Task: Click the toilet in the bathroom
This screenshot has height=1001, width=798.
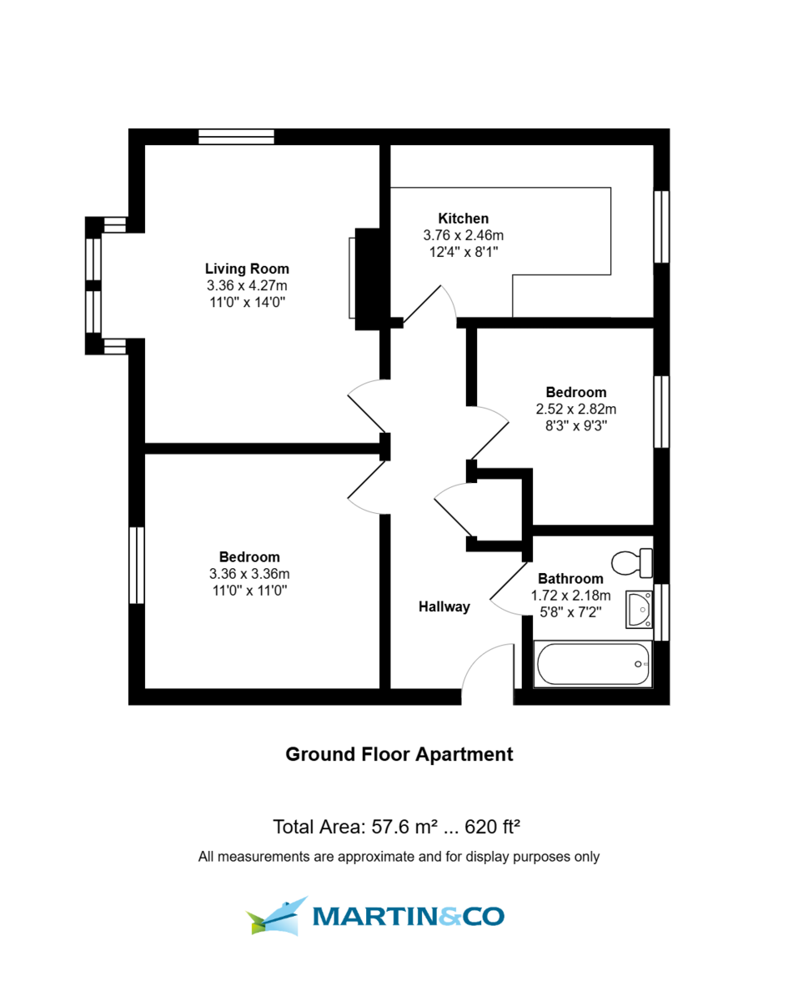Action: click(632, 562)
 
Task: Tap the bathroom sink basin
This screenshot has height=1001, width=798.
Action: click(640, 609)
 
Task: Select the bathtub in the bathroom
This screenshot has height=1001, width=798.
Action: click(593, 664)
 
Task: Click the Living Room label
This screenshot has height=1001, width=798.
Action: click(247, 269)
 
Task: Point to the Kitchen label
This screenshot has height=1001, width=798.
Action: click(464, 219)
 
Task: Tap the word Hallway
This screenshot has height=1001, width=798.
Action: click(444, 607)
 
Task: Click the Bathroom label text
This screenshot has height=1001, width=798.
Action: click(570, 578)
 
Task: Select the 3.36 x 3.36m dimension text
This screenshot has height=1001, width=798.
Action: click(249, 574)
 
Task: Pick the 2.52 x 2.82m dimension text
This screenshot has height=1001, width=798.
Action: click(575, 409)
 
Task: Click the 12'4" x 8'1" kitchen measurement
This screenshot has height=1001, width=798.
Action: click(464, 251)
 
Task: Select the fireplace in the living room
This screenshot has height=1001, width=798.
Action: click(367, 278)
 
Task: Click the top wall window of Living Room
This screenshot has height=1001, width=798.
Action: click(236, 137)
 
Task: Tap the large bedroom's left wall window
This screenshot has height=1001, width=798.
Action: click(136, 565)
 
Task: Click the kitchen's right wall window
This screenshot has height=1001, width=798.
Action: click(661, 227)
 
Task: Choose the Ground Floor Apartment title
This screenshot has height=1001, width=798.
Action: click(399, 754)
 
